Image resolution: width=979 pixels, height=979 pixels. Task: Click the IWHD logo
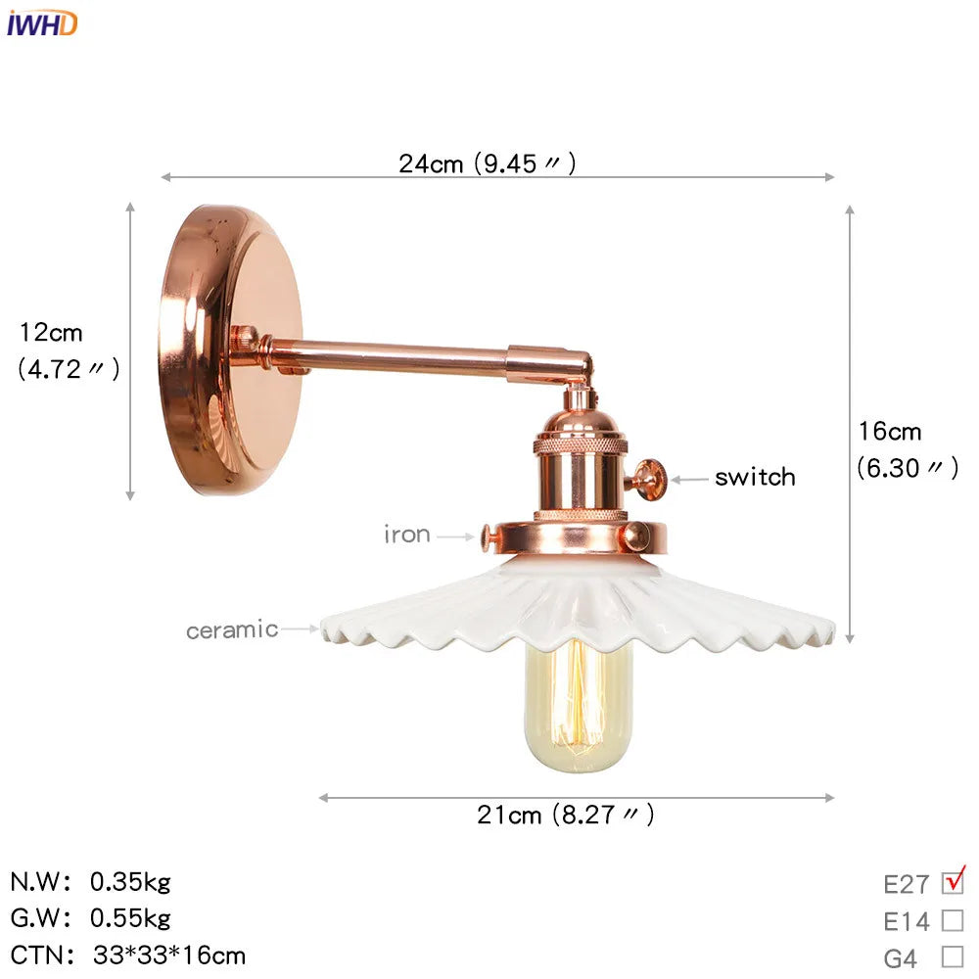pyautogui.click(x=41, y=23)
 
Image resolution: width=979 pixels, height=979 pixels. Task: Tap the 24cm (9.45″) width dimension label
pyautogui.click(x=487, y=163)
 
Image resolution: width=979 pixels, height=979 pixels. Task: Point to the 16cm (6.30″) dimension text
pyautogui.click(x=906, y=448)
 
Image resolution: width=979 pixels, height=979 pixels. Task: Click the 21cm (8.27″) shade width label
pyautogui.click(x=566, y=814)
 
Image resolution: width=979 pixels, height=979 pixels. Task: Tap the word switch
pyautogui.click(x=754, y=478)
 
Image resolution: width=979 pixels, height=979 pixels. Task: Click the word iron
pyautogui.click(x=406, y=535)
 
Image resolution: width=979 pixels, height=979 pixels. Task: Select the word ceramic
pyautogui.click(x=232, y=629)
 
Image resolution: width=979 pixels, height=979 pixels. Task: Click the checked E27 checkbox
pyautogui.click(x=953, y=882)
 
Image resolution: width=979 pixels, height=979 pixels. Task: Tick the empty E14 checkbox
pyautogui.click(x=953, y=920)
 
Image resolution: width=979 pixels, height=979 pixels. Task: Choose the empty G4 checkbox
pyautogui.click(x=953, y=956)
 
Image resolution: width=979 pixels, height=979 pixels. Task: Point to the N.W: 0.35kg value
pyautogui.click(x=130, y=882)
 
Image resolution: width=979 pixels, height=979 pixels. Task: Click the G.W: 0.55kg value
pyautogui.click(x=130, y=918)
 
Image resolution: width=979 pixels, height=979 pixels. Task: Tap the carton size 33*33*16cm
pyautogui.click(x=169, y=955)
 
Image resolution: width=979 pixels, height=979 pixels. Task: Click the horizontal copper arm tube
pyautogui.click(x=392, y=358)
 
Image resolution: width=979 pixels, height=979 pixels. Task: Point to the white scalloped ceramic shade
pyautogui.click(x=578, y=607)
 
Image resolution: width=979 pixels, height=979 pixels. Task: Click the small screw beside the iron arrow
pyautogui.click(x=489, y=534)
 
